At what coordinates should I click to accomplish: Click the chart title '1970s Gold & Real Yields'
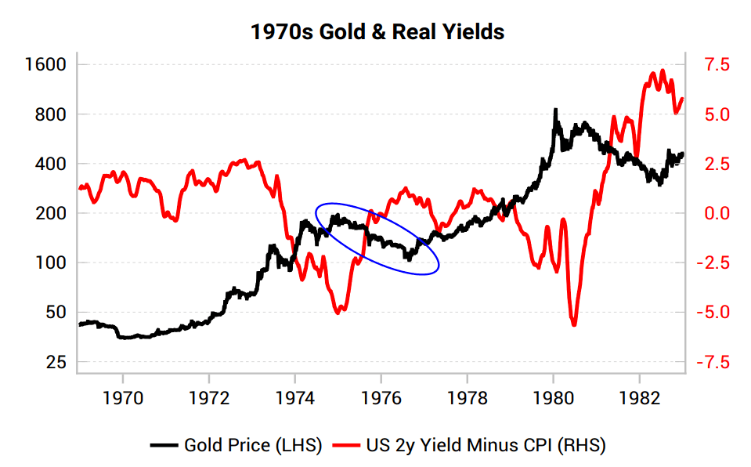[x=377, y=32]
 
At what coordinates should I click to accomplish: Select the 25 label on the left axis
[x=56, y=362]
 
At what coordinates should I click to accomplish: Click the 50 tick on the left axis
[x=56, y=313]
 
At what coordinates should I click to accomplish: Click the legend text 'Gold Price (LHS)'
[x=253, y=446]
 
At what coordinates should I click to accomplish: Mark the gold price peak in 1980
[x=555, y=110]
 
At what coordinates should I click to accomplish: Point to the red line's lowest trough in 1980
[x=574, y=324]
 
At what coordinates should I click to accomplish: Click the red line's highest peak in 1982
[x=663, y=71]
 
